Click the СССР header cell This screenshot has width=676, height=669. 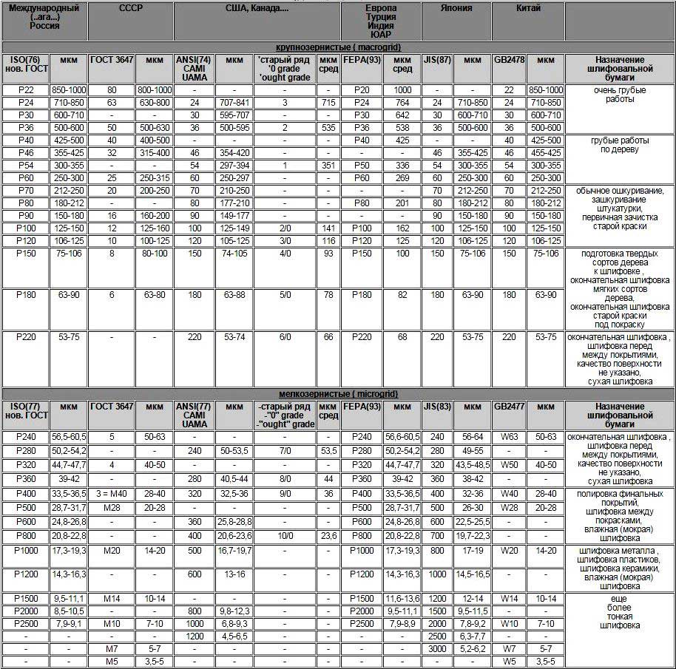coord(130,8)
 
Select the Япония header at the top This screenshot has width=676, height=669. coord(456,8)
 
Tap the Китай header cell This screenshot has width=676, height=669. coord(528,8)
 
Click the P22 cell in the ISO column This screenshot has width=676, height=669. coord(25,90)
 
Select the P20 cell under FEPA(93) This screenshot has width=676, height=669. coord(362,90)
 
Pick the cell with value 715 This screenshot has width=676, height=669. coord(328,102)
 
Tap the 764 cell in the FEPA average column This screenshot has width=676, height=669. coord(402,102)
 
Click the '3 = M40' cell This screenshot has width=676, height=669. coord(111,494)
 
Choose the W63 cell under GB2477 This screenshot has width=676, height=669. coord(509,437)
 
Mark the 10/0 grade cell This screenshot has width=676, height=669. coord(285,536)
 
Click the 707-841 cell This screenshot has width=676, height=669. coord(234,102)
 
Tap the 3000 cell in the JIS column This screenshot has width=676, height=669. coord(437,648)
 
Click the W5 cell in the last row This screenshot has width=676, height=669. coord(509,661)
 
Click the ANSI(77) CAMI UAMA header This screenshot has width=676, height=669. coord(194,415)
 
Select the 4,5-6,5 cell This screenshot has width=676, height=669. coord(234,636)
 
